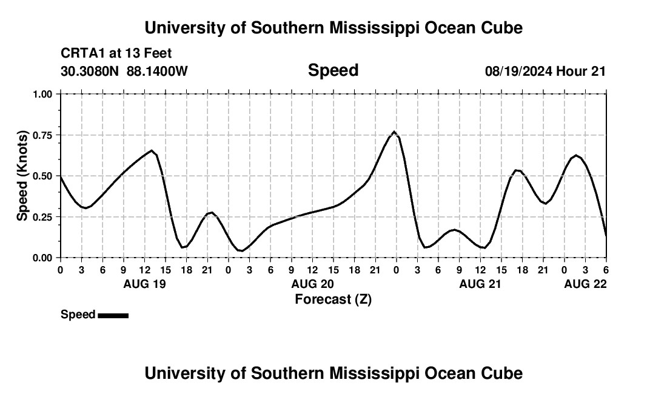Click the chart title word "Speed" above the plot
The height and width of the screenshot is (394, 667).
[x=333, y=70]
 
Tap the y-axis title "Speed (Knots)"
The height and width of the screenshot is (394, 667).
[x=22, y=175]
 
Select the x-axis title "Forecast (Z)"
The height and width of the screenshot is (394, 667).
[x=333, y=299]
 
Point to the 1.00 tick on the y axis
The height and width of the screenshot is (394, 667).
[x=44, y=94]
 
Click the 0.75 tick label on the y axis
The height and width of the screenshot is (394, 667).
[x=44, y=135]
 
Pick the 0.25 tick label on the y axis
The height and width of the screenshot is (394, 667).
[x=44, y=217]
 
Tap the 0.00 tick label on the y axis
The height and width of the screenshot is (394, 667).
[x=44, y=258]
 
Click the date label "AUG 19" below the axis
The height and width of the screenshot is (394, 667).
[x=144, y=284]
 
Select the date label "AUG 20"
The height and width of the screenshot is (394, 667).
[x=312, y=284]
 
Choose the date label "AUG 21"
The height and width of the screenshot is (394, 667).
[x=480, y=284]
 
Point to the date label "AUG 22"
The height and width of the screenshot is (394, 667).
[x=585, y=284]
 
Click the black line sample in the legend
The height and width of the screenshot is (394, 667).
[x=113, y=315]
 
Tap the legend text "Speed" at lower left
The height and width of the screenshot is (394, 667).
[x=78, y=315]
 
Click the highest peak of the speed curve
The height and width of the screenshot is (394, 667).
[x=394, y=132]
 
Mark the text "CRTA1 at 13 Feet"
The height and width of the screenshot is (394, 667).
[x=116, y=54]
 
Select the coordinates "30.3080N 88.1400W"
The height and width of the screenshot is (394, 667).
[x=124, y=72]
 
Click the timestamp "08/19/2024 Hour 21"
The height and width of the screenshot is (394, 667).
[x=545, y=72]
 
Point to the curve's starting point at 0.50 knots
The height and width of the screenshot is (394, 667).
[x=61, y=176]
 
